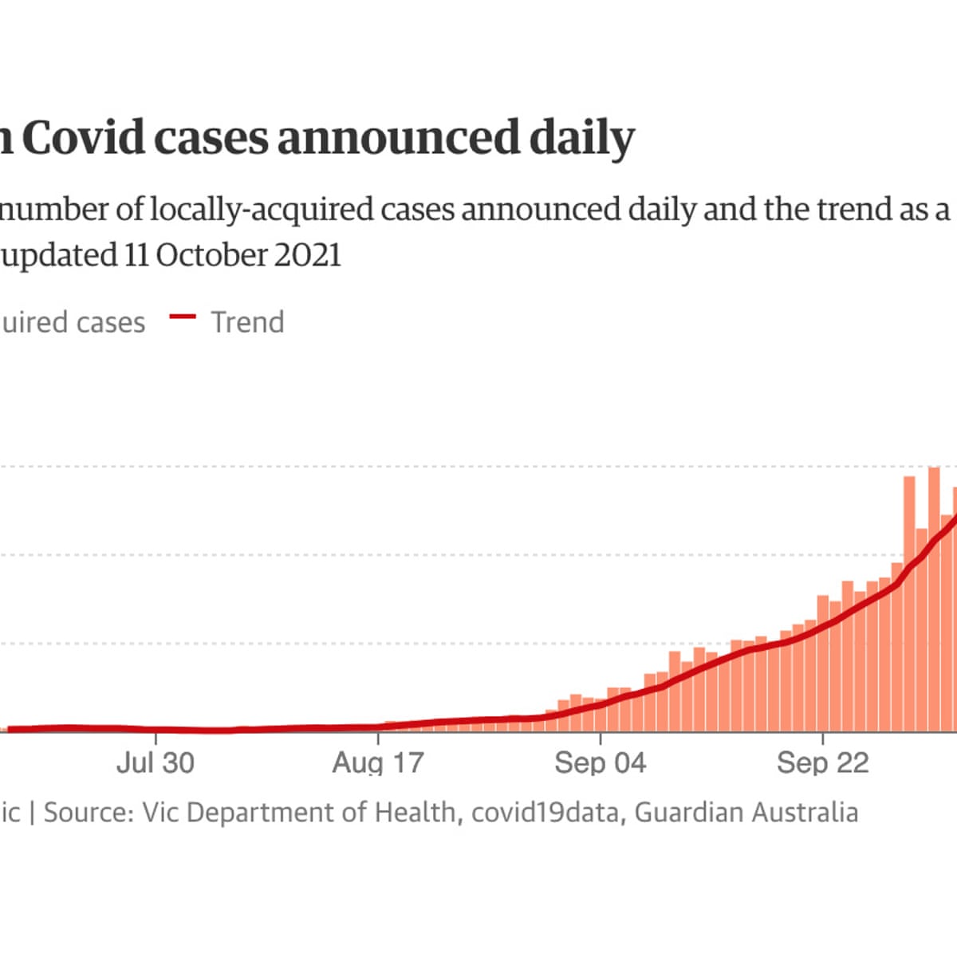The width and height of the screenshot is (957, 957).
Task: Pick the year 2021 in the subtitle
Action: (308, 255)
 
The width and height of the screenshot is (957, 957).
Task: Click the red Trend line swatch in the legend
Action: (183, 317)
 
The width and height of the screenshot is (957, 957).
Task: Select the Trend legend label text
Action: (247, 322)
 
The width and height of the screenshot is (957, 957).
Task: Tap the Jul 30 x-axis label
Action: (155, 762)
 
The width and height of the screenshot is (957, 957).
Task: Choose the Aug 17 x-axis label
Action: (377, 762)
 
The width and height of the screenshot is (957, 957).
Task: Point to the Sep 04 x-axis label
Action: (600, 762)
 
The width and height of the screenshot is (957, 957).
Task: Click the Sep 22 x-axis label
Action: (822, 762)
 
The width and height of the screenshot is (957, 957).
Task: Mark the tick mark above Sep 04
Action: (601, 737)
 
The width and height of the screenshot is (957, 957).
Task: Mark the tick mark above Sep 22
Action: (823, 737)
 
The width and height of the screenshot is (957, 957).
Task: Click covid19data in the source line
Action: (544, 813)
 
